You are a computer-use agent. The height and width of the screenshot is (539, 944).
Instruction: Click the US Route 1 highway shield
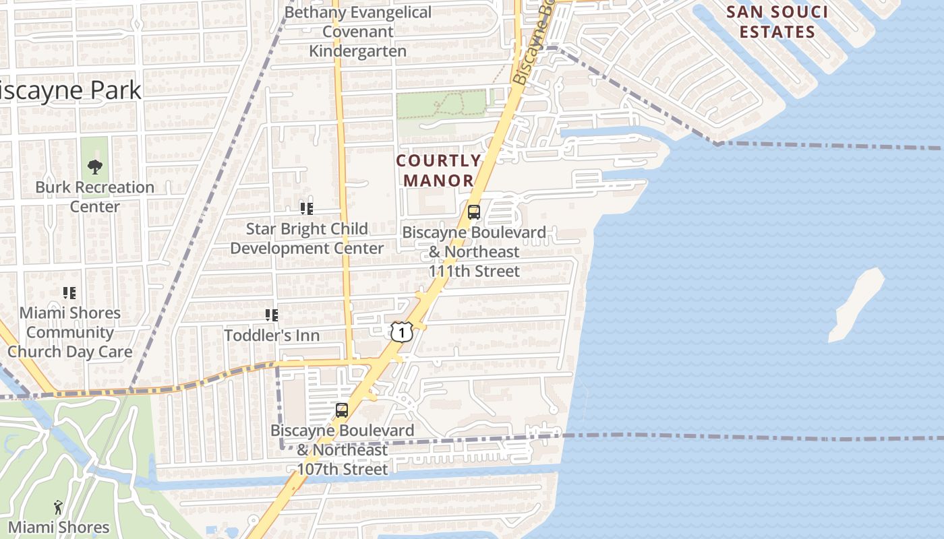[401, 331]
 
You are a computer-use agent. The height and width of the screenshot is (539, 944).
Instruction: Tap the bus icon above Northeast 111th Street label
[474, 212]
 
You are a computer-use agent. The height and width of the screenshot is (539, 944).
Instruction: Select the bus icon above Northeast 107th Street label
[342, 410]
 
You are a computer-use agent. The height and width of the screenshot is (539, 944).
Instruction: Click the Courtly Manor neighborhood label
[438, 170]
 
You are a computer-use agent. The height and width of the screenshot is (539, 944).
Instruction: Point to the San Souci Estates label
[777, 22]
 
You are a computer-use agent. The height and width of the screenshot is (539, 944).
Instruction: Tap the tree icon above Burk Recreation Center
[95, 166]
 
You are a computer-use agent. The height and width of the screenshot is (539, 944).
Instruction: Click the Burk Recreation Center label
[95, 197]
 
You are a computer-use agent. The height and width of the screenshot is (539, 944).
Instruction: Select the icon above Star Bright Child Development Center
[307, 209]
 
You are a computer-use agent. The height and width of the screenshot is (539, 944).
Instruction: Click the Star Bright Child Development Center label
[307, 239]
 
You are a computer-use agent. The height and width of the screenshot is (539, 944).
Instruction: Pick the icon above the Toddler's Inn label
[272, 315]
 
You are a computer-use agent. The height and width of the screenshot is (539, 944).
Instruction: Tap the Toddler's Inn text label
[272, 335]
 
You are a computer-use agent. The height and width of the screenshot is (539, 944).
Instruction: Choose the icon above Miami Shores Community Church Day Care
[69, 293]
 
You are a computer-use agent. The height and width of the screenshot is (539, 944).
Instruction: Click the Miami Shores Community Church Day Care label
[70, 332]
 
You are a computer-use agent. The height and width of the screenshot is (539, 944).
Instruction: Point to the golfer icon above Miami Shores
[58, 507]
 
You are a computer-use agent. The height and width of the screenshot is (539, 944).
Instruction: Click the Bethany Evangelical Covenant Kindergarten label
[358, 32]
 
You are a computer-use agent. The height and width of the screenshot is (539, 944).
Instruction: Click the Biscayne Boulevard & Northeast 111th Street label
[475, 251]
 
